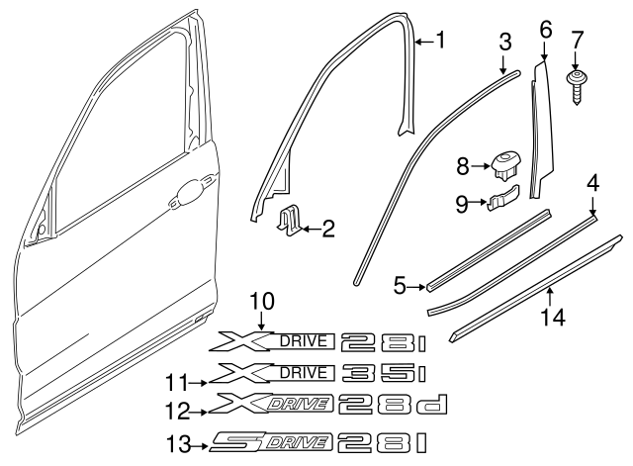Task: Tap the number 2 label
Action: click(328, 230)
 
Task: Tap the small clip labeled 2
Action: click(290, 223)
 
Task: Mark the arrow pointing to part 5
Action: click(416, 285)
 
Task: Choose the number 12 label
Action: click(177, 408)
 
